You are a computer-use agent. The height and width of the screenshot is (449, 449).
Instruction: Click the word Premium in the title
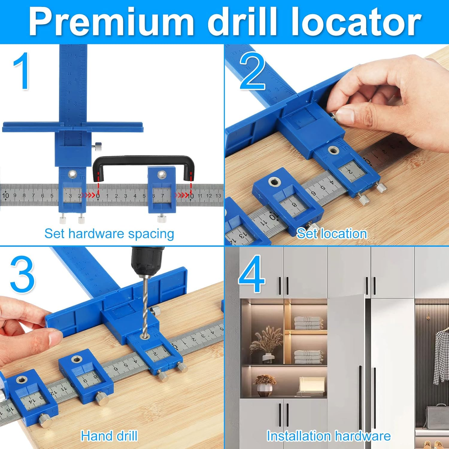pyautogui.click(x=111, y=22)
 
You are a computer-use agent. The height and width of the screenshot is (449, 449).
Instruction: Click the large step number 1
pyautogui.click(x=22, y=71)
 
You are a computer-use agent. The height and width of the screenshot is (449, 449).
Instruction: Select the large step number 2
pyautogui.click(x=252, y=71)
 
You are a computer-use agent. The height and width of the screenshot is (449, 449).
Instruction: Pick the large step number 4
pyautogui.click(x=251, y=274)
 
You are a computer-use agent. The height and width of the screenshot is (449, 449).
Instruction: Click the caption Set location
pyautogui.click(x=332, y=234)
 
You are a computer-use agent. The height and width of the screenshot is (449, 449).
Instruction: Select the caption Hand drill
pyautogui.click(x=109, y=436)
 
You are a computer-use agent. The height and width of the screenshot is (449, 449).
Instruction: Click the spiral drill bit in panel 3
pyautogui.click(x=145, y=305)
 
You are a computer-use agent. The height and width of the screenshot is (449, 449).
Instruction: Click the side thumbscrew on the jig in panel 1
pyautogui.click(x=97, y=146)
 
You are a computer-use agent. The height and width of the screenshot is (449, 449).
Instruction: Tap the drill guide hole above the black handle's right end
pyautogui.click(x=162, y=173)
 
